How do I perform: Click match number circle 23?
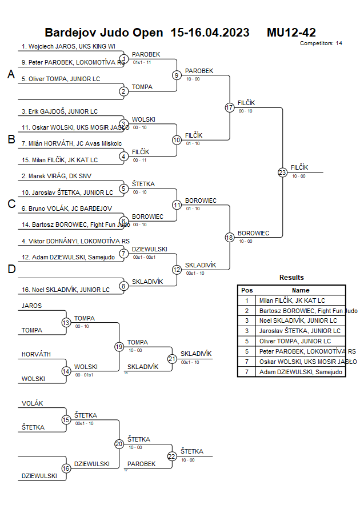[282, 172]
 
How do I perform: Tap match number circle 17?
[230, 107]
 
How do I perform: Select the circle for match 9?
[177, 75]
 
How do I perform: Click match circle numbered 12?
[177, 270]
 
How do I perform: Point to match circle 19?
[119, 347]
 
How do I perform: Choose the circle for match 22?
[173, 456]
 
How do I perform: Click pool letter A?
[11, 75]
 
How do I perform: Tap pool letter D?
[11, 270]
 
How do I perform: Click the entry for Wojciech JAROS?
[69, 47]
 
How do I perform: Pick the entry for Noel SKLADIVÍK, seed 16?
[66, 290]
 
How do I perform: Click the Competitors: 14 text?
[321, 43]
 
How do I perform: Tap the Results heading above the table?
[291, 278]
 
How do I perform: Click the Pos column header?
[247, 290]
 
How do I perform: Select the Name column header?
[301, 290]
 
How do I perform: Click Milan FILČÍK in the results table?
[292, 300]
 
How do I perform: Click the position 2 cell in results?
[247, 311]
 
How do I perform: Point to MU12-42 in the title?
[291, 33]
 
